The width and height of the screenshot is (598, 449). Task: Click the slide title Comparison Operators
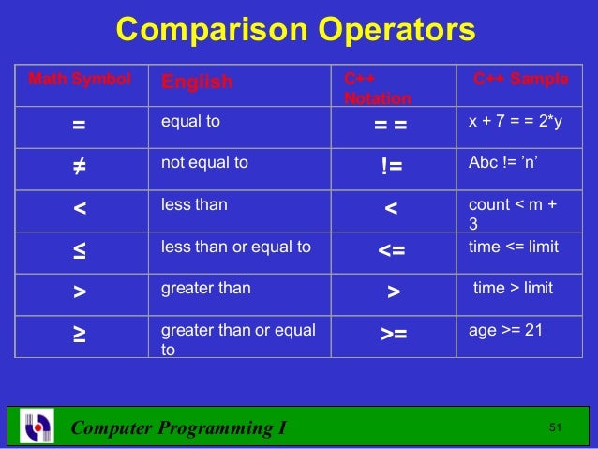tap(295, 30)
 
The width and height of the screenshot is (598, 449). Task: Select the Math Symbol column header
tap(80, 80)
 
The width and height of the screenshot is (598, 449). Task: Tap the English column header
tap(197, 82)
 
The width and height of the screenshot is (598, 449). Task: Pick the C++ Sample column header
tap(520, 80)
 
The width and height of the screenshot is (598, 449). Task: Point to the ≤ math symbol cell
tap(80, 250)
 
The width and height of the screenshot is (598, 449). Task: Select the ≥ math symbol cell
tap(80, 334)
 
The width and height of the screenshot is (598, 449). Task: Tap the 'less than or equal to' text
tap(236, 247)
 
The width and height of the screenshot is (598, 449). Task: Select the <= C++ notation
tap(393, 251)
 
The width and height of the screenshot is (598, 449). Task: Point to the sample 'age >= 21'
tap(505, 329)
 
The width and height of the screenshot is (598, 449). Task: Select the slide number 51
tap(555, 428)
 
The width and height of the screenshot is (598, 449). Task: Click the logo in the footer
tap(37, 427)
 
